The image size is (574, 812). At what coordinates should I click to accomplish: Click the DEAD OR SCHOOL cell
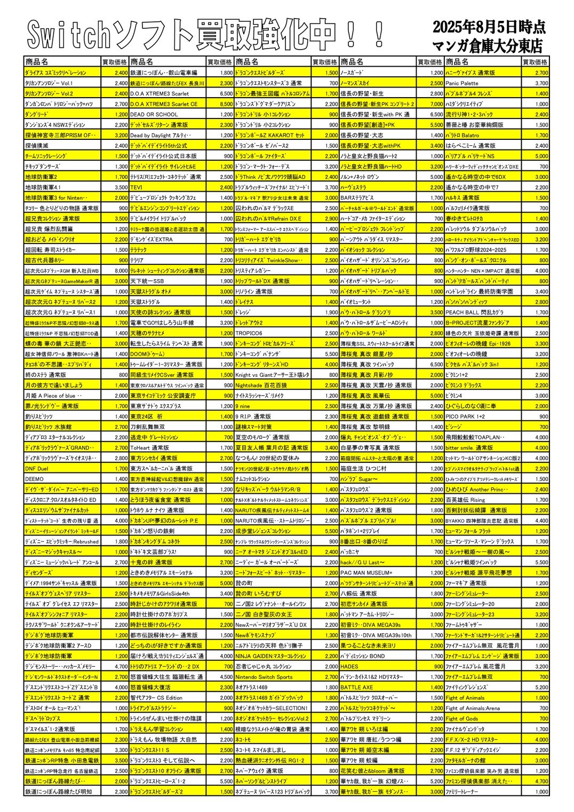pos(154,114)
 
